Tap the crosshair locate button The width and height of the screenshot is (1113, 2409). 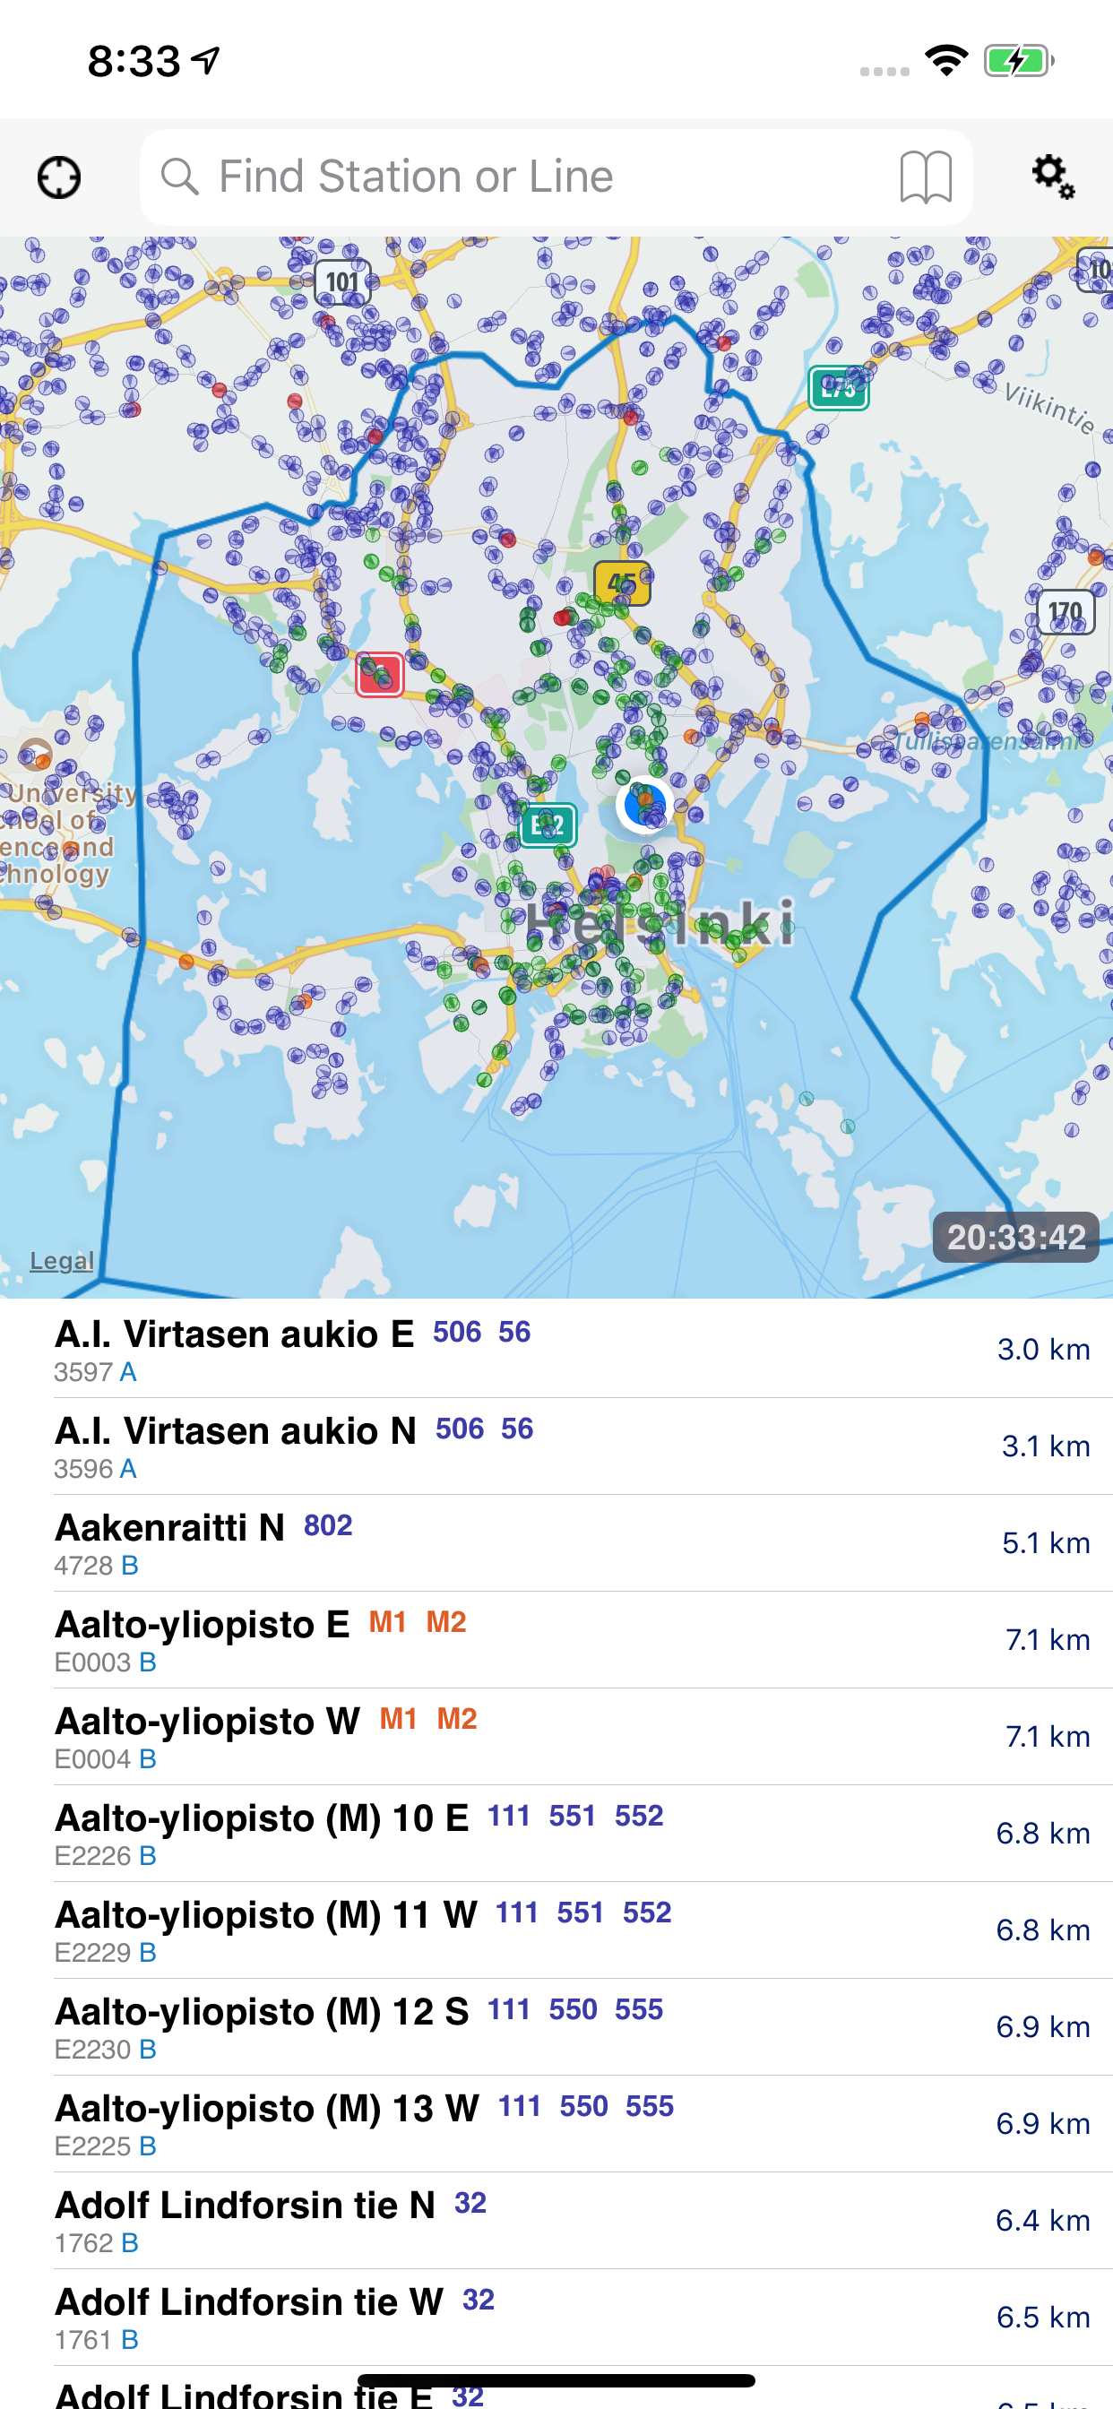(x=59, y=177)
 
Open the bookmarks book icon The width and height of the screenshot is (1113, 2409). (x=925, y=177)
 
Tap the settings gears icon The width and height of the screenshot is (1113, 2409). (x=1052, y=177)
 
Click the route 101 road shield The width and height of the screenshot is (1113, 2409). (x=342, y=282)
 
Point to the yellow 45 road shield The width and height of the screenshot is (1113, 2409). (x=622, y=583)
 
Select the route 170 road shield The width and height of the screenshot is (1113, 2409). (x=1066, y=612)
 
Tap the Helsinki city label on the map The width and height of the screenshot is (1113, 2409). (x=660, y=923)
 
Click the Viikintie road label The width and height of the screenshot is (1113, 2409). (x=1048, y=406)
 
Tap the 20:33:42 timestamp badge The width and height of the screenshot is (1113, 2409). (x=1015, y=1238)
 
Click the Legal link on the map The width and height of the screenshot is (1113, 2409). (x=62, y=1261)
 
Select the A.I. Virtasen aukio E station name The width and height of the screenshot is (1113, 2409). (x=234, y=1334)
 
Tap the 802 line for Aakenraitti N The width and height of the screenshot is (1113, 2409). (x=327, y=1525)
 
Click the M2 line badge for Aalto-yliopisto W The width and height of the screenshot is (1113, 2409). (x=456, y=1719)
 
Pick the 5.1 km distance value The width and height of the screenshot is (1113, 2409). (x=1046, y=1543)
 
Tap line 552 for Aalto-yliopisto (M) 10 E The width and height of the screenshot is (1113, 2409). (x=639, y=1815)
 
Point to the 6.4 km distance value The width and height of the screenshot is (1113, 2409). (x=1042, y=2220)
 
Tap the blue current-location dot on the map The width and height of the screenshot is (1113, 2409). (x=644, y=803)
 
